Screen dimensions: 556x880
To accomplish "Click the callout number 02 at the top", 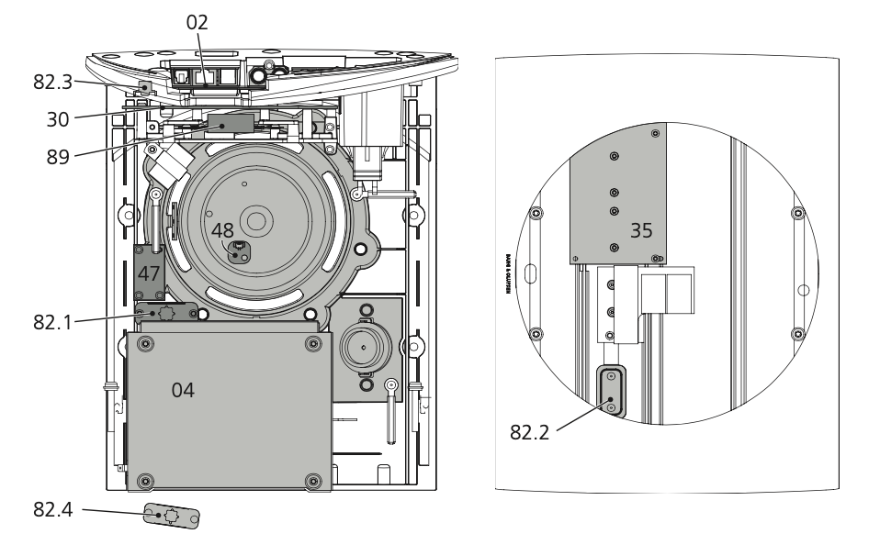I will click(x=197, y=22).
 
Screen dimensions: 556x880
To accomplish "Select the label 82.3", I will click(x=53, y=82).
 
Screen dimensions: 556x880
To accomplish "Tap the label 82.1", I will click(x=53, y=321).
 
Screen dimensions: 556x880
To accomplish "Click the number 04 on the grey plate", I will click(x=184, y=390).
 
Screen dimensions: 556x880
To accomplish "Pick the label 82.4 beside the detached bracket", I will click(x=53, y=509).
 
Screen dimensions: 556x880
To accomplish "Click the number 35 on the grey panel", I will click(x=641, y=230).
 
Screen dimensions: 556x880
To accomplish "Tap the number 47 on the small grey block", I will click(x=149, y=273).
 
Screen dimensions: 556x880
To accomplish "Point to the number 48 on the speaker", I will click(x=223, y=229).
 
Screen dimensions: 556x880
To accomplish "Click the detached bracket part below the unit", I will click(x=171, y=517).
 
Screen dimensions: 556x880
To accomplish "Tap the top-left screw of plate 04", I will click(x=143, y=343).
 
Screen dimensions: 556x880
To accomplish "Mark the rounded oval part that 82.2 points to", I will click(x=610, y=392).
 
